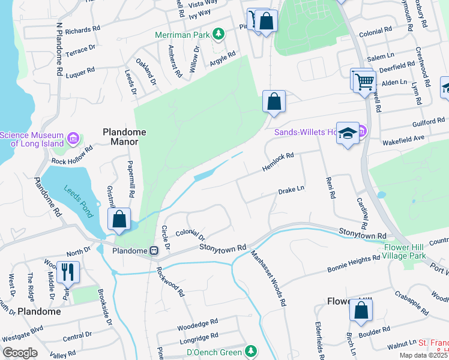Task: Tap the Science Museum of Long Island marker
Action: click(x=74, y=139)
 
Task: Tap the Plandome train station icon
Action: click(x=154, y=250)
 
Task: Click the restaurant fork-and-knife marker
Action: click(x=68, y=272)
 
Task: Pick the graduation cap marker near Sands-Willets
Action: click(x=348, y=133)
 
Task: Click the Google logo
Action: click(x=20, y=353)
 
